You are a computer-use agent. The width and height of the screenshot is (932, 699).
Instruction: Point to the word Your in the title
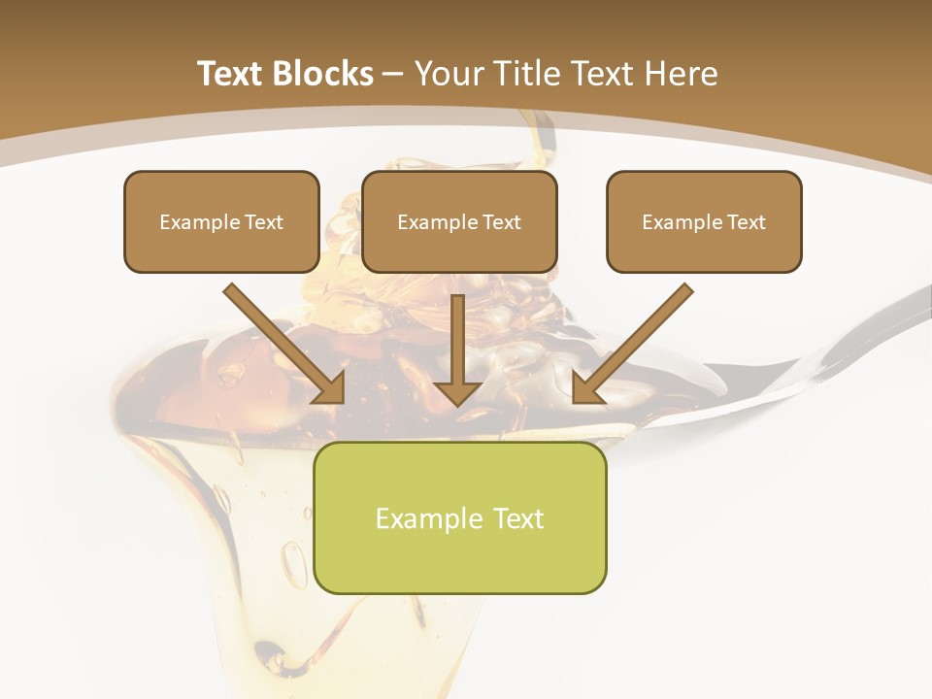449,74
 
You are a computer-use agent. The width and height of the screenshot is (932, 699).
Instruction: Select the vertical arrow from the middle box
457,340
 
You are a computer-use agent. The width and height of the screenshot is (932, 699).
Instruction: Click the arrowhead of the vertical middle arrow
457,392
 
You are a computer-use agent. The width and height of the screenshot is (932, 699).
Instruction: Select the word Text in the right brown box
747,222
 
